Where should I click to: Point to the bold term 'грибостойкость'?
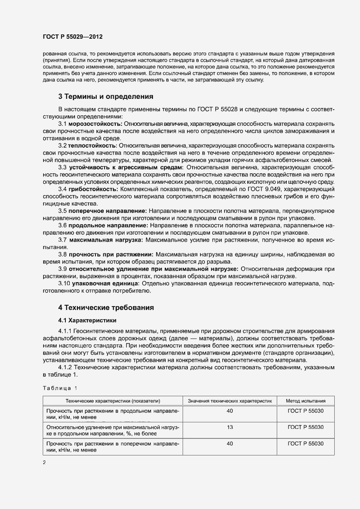click(93, 189)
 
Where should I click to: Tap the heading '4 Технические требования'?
click(106, 307)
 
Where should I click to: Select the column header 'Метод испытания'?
click(306, 401)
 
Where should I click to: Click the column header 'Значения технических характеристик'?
click(230, 401)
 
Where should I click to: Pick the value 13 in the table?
click(230, 427)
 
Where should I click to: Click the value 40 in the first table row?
click(230, 411)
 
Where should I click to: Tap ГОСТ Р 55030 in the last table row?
click(306, 444)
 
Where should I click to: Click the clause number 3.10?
click(64, 283)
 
